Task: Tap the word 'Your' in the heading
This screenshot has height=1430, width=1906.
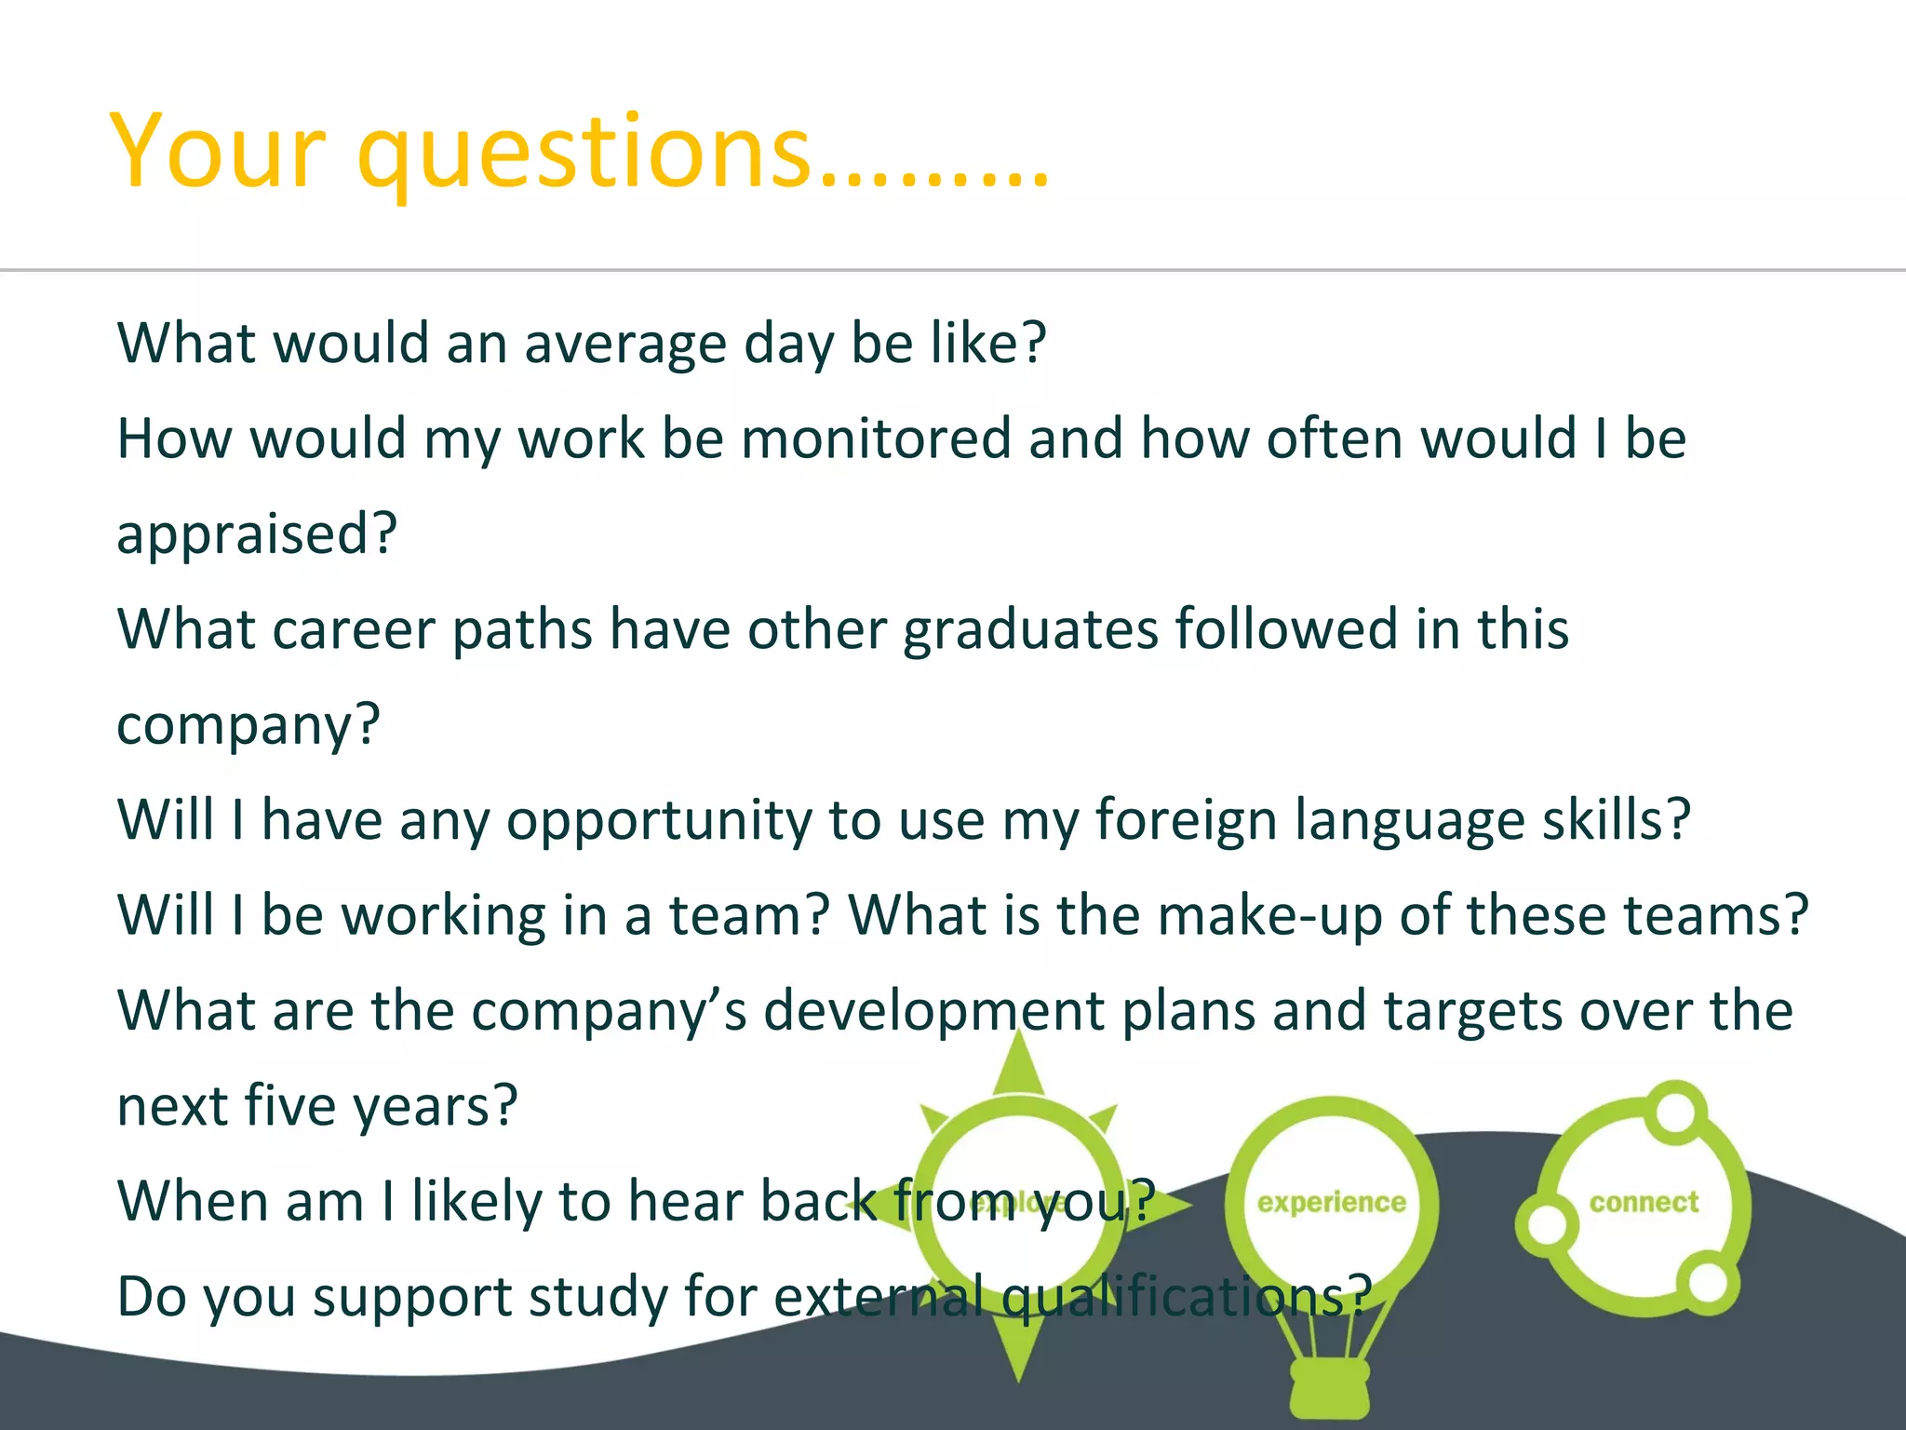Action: coord(218,152)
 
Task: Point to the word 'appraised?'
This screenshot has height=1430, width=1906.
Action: coord(257,534)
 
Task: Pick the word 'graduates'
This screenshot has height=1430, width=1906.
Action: coord(1030,629)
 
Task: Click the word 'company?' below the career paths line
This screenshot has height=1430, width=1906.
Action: coord(248,725)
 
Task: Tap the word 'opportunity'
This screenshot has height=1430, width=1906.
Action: coord(658,821)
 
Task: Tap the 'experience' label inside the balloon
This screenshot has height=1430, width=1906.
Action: coord(1331,1203)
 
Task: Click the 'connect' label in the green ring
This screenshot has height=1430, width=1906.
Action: coord(1644,1203)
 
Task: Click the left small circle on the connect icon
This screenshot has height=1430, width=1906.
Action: coord(1547,1224)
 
